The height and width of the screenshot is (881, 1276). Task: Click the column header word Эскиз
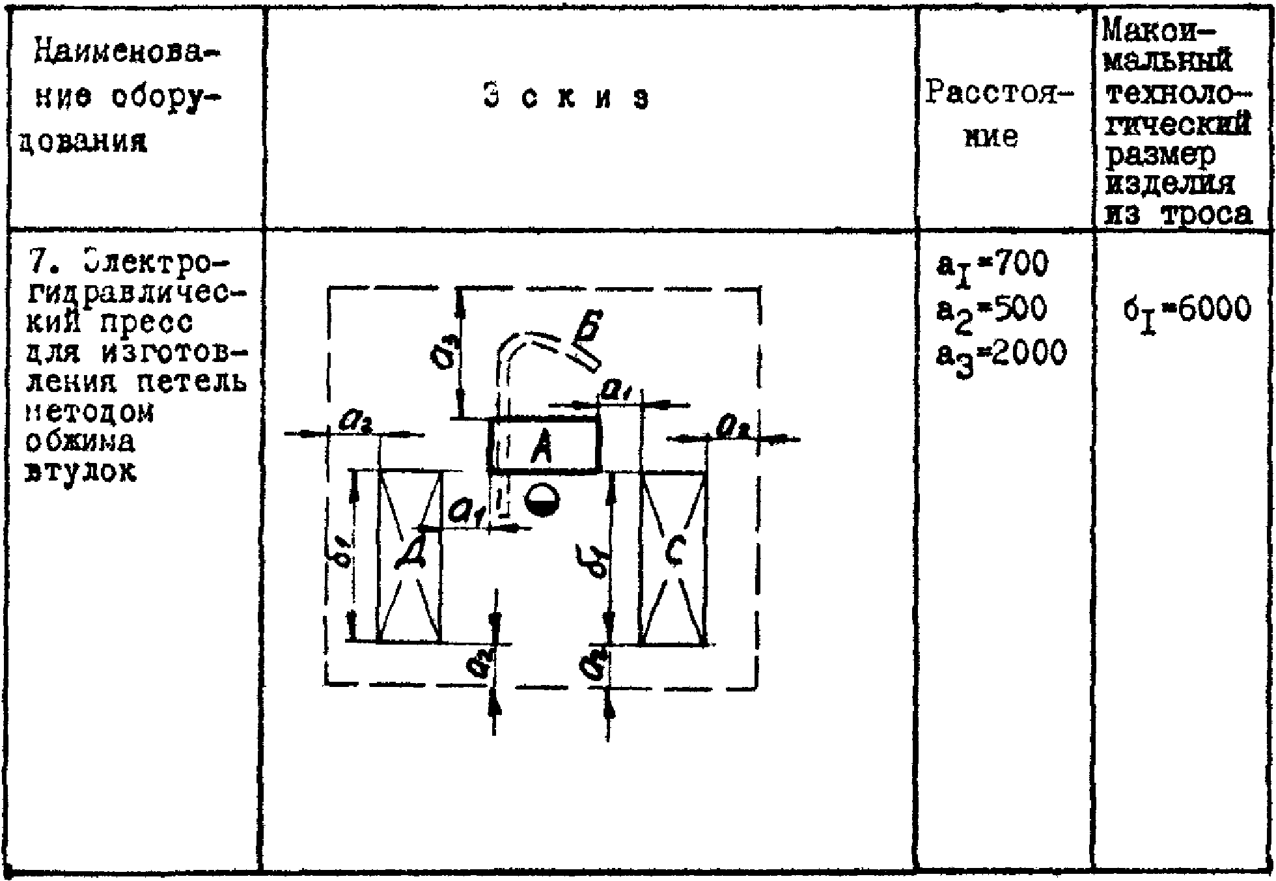566,98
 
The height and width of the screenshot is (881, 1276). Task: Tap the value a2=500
991,310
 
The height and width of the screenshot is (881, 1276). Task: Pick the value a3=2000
1001,355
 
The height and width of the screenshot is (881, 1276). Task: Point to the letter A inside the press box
540,448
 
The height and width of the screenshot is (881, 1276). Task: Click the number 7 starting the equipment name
36,264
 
